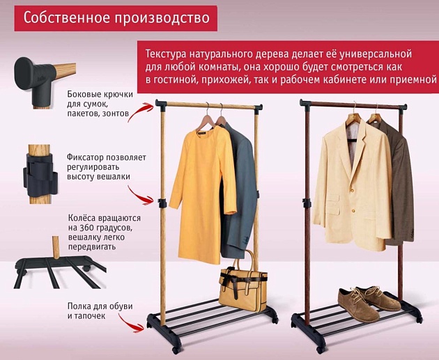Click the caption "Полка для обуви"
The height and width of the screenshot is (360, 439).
tap(100, 306)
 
